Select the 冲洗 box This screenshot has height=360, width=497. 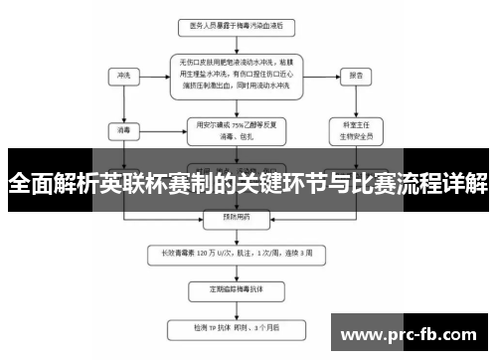tap(123, 75)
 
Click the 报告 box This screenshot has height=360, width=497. tap(351, 75)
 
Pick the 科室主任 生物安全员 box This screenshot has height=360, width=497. tap(351, 130)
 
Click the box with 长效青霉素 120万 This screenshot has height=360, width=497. tap(232, 254)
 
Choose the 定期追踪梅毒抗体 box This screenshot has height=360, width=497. tap(232, 290)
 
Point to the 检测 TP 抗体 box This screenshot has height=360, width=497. tap(232, 326)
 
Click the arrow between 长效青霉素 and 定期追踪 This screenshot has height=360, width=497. tap(232, 271)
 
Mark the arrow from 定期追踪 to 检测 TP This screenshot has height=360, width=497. tap(232, 308)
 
